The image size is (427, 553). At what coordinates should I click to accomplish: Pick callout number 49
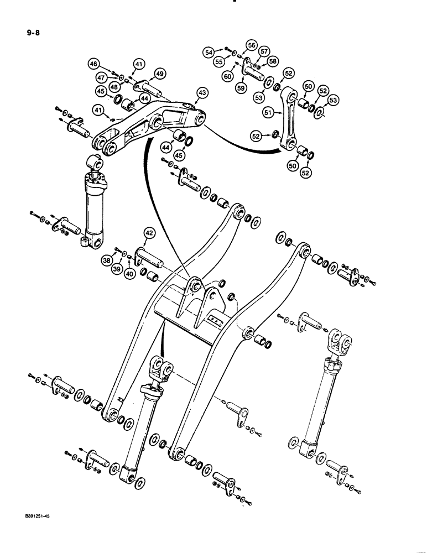pos(159,75)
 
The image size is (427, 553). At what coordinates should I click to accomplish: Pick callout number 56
pos(252,46)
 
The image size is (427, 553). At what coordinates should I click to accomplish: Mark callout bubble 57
pos(264,51)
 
